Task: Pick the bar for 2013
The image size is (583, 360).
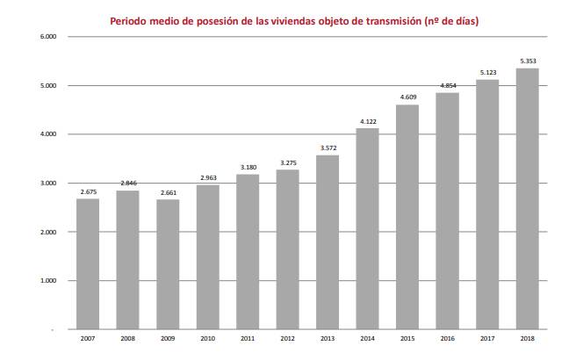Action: click(x=327, y=241)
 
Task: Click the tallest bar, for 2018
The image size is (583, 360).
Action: click(x=528, y=198)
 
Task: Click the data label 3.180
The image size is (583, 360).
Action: click(x=248, y=167)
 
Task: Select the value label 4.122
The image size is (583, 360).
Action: click(x=368, y=121)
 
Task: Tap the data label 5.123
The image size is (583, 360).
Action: click(x=488, y=72)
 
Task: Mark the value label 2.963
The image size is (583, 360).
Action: click(x=208, y=177)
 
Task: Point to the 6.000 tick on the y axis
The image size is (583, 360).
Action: click(x=47, y=37)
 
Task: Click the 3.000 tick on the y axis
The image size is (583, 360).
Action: click(x=47, y=184)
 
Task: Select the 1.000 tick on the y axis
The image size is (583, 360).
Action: click(x=47, y=281)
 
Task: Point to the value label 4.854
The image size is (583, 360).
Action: click(x=448, y=85)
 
